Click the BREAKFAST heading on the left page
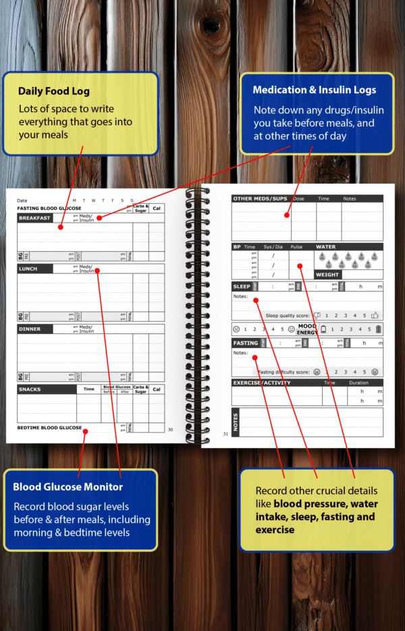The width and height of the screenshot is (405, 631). pyautogui.click(x=34, y=218)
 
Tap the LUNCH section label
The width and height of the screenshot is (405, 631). pyautogui.click(x=28, y=269)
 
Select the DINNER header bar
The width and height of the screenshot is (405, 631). pyautogui.click(x=30, y=329)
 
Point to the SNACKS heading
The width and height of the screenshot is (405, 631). pyautogui.click(x=30, y=389)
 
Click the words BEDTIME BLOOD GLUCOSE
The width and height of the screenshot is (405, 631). pyautogui.click(x=49, y=428)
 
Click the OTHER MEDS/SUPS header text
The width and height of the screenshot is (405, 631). pyautogui.click(x=261, y=199)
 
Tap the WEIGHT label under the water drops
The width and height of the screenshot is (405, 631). pyautogui.click(x=327, y=275)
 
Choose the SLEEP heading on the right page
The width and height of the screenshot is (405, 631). pyautogui.click(x=242, y=287)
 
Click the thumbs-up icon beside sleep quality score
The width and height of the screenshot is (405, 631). pyautogui.click(x=317, y=315)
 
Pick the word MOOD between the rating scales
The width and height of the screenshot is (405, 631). pyautogui.click(x=307, y=326)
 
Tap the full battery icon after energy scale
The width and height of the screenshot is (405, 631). pyautogui.click(x=378, y=329)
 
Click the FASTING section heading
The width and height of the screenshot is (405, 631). pyautogui.click(x=245, y=343)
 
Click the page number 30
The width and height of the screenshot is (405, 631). pyautogui.click(x=170, y=429)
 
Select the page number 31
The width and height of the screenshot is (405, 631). pyautogui.click(x=225, y=434)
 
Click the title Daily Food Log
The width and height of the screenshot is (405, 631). pyautogui.click(x=53, y=91)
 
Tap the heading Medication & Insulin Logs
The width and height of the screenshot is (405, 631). pyautogui.click(x=314, y=90)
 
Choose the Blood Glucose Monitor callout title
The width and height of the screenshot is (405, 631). pyautogui.click(x=68, y=487)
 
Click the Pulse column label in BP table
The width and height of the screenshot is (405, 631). pyautogui.click(x=297, y=247)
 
